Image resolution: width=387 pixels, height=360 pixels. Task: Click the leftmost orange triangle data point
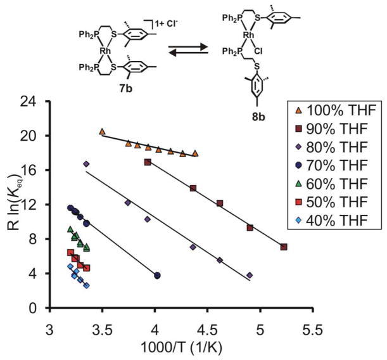pyautogui.click(x=102, y=131)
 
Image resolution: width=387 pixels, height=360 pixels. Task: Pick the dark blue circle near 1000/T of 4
pyautogui.click(x=157, y=275)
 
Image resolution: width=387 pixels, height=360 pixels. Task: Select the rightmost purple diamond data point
pyautogui.click(x=250, y=275)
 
